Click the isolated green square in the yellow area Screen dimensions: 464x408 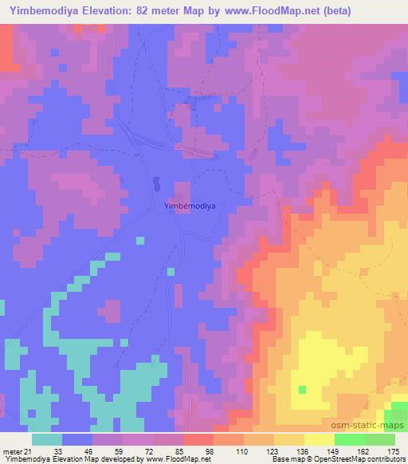coord(302,389)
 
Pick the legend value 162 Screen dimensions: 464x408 coord(363,450)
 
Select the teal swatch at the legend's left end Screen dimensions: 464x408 coord(46,438)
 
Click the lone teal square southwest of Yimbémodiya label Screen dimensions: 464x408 coord(139,239)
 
